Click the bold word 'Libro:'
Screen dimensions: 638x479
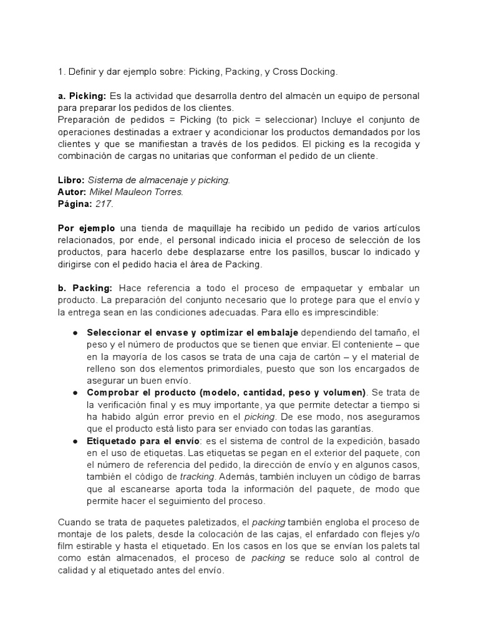(x=71, y=180)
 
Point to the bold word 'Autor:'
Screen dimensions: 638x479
(x=72, y=192)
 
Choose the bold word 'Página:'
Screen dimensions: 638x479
(x=75, y=204)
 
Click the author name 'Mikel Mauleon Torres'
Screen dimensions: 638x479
(x=137, y=192)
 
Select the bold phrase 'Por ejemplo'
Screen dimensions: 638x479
(x=86, y=228)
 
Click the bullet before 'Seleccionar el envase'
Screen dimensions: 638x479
(x=74, y=333)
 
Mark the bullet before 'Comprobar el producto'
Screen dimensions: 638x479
(x=74, y=393)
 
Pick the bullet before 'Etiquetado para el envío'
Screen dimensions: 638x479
(x=74, y=440)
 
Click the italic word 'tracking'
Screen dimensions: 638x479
(x=197, y=477)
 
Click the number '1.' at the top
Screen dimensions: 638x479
(x=61, y=72)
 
